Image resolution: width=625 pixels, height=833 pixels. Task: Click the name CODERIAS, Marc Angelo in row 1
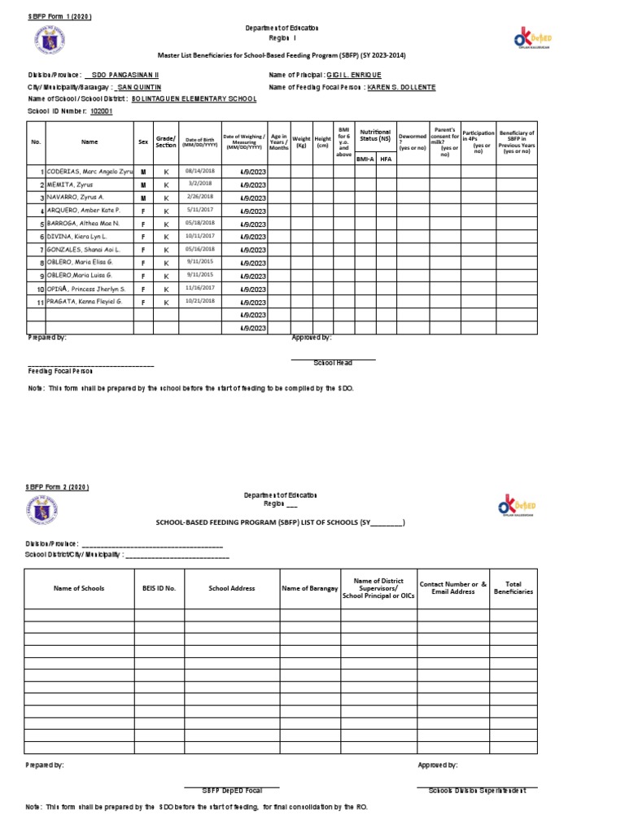pyautogui.click(x=90, y=172)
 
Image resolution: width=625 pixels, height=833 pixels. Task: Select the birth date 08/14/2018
pyautogui.click(x=199, y=171)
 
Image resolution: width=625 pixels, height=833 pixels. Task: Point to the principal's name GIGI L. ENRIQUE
pyautogui.click(x=348, y=74)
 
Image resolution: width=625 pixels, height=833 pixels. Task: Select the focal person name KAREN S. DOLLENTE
pyautogui.click(x=402, y=86)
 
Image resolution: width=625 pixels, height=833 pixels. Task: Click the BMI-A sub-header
pyautogui.click(x=365, y=159)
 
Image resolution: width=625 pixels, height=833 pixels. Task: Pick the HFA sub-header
pyautogui.click(x=386, y=159)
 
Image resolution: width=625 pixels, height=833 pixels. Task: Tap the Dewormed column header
pyautogui.click(x=413, y=141)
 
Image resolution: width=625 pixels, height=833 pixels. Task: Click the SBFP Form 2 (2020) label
pyautogui.click(x=57, y=486)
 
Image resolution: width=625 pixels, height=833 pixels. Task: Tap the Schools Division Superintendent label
pyautogui.click(x=477, y=790)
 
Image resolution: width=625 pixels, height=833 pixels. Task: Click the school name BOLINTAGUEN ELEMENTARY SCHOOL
pyautogui.click(x=194, y=98)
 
